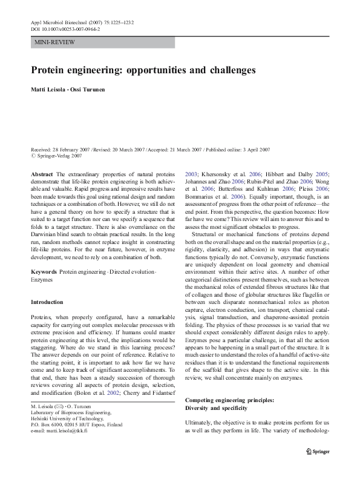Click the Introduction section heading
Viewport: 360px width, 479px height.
(47, 302)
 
